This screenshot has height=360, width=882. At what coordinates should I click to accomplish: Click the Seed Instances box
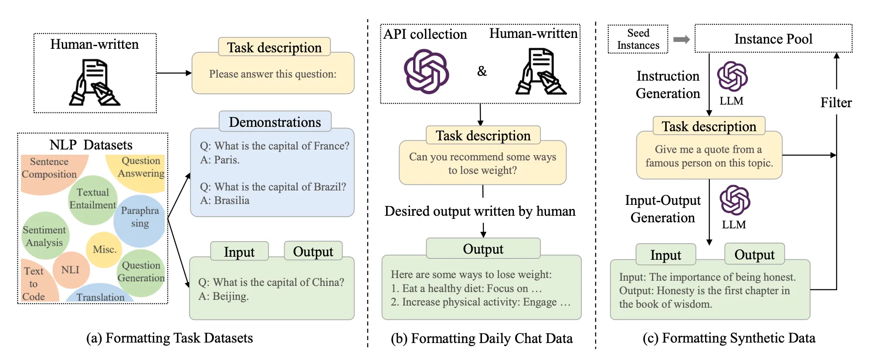(x=638, y=39)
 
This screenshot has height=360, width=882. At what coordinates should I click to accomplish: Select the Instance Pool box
(x=773, y=39)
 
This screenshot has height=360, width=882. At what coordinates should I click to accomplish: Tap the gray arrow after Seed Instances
(x=681, y=40)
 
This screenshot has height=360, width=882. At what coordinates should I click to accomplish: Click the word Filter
(x=836, y=103)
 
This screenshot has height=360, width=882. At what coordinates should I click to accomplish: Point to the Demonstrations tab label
(x=275, y=122)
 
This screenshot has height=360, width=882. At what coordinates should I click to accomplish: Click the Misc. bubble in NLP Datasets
(x=104, y=249)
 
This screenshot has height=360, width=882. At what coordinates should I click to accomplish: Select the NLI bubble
(x=71, y=270)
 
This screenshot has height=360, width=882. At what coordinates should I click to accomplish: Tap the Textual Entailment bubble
(x=92, y=199)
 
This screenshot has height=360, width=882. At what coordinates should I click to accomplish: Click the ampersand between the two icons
(x=482, y=71)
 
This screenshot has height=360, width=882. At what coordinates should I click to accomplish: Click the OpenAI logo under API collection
(x=426, y=71)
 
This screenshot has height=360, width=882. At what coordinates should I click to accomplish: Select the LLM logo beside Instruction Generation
(x=732, y=77)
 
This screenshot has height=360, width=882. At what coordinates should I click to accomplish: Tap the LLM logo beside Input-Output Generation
(x=735, y=200)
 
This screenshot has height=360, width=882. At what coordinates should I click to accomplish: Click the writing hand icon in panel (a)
(x=94, y=83)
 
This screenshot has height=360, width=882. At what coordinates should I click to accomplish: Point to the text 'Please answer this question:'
(x=273, y=74)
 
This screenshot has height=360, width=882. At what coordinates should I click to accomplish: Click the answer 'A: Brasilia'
(x=225, y=200)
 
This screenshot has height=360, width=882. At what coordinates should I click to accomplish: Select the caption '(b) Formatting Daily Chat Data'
(x=482, y=339)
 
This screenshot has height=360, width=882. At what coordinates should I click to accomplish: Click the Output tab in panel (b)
(x=483, y=249)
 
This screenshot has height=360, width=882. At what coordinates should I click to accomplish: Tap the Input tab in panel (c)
(x=665, y=255)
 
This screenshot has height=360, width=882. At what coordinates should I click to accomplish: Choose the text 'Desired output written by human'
(x=480, y=211)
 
